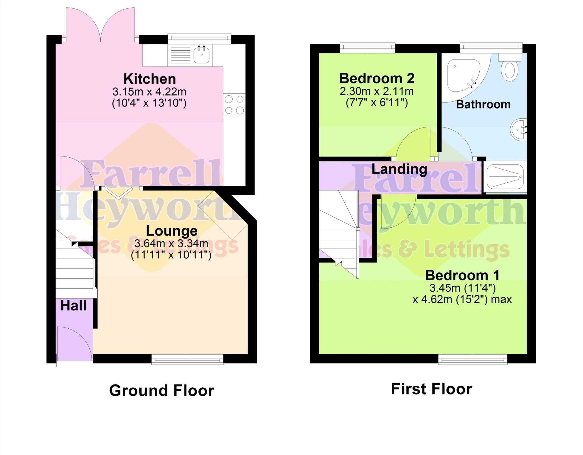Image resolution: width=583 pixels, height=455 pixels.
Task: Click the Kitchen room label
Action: (x=149, y=79)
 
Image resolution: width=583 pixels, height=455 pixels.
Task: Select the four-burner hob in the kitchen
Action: (x=234, y=105)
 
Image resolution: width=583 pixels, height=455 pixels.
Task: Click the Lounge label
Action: (x=172, y=231)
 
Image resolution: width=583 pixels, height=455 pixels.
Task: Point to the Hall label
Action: (x=73, y=306)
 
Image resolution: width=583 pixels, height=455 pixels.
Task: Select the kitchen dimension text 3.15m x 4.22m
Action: (x=149, y=92)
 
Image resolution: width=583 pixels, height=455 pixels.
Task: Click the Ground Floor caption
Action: (x=162, y=390)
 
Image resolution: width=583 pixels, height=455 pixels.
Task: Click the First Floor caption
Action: (x=432, y=389)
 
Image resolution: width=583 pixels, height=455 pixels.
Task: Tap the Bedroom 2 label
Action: (x=377, y=78)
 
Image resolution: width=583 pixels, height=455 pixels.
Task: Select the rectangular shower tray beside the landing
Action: (x=505, y=177)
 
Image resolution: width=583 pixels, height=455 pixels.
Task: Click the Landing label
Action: (x=399, y=169)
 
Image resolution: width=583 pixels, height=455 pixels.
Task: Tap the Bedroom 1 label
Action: (x=462, y=275)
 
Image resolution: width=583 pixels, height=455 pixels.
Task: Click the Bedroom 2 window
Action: (x=368, y=48)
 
